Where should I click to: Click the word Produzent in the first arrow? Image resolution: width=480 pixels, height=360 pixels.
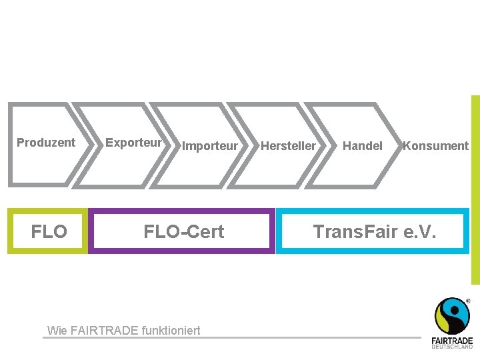pos(46,142)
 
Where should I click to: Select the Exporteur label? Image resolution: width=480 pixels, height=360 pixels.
pos(133,142)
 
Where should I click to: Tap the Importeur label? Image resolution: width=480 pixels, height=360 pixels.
pos(210,145)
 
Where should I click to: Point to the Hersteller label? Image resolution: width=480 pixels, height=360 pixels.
pos(288,145)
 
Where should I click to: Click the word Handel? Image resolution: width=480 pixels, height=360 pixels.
pos(363,145)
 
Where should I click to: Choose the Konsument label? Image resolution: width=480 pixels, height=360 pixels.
pos(436,145)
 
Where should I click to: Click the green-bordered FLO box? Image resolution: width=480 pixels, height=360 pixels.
pos(49,231)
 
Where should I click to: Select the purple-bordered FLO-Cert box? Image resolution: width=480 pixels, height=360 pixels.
pos(182,231)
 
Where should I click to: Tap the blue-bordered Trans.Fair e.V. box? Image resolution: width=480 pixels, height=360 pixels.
pos(373,231)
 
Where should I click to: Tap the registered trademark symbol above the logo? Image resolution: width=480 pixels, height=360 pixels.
pos(468,301)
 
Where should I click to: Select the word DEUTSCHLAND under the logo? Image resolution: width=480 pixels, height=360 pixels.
pos(452,346)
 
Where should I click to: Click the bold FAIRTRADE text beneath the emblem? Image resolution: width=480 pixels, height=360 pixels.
pos(452,340)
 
